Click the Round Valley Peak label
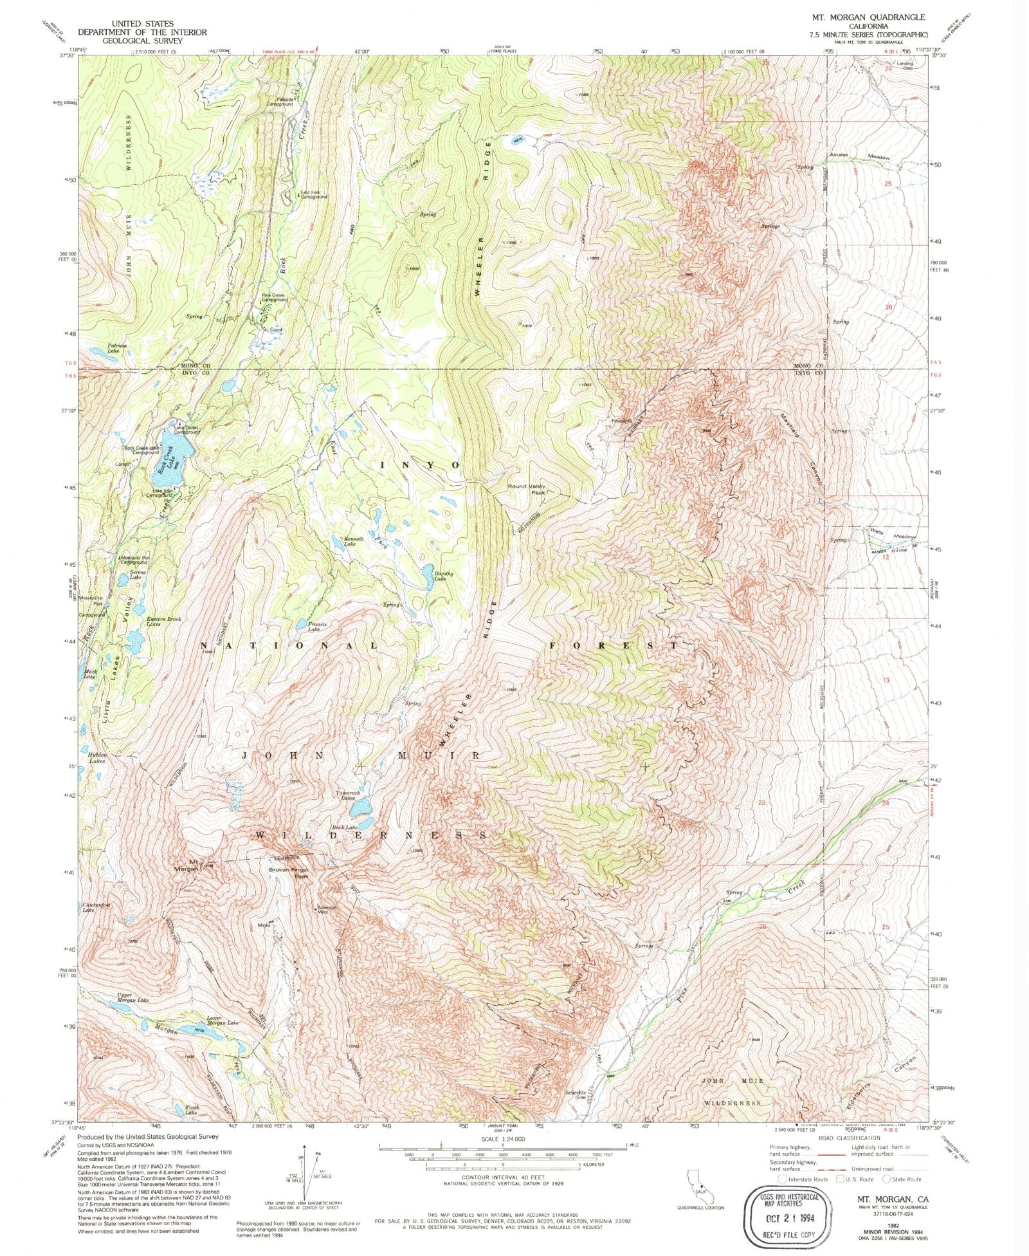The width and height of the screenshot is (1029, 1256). [x=527, y=489]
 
